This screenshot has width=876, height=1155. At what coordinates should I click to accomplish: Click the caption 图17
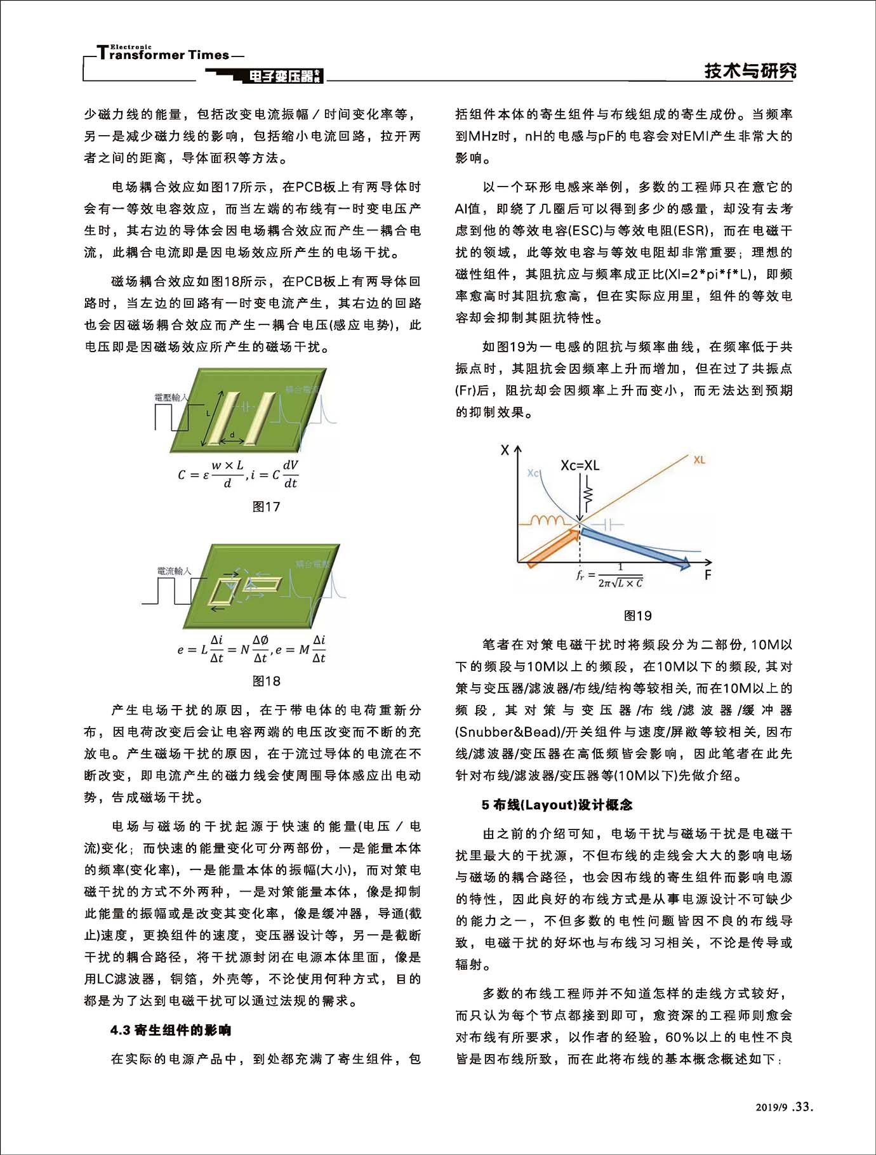pyautogui.click(x=266, y=506)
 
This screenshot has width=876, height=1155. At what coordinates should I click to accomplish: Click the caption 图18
pyautogui.click(x=266, y=681)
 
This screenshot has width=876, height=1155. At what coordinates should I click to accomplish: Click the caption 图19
pyautogui.click(x=637, y=616)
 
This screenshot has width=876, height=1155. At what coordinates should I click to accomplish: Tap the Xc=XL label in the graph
pyautogui.click(x=580, y=465)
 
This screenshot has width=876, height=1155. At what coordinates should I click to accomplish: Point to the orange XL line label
pyautogui.click(x=699, y=459)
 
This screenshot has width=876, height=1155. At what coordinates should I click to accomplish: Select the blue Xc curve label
pyautogui.click(x=533, y=473)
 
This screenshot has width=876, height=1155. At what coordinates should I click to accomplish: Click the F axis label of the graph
pyautogui.click(x=708, y=575)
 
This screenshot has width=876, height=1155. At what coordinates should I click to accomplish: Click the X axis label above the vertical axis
pyautogui.click(x=505, y=450)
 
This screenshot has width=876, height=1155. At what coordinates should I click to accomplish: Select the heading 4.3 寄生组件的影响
pyautogui.click(x=171, y=1029)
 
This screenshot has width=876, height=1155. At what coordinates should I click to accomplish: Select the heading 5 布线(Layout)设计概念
pyautogui.click(x=557, y=805)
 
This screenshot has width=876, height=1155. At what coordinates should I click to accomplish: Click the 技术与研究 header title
pyautogui.click(x=750, y=71)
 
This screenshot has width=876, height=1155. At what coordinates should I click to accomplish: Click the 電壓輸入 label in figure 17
pyautogui.click(x=171, y=397)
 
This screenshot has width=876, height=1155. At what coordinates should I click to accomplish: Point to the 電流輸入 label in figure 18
pyautogui.click(x=174, y=571)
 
